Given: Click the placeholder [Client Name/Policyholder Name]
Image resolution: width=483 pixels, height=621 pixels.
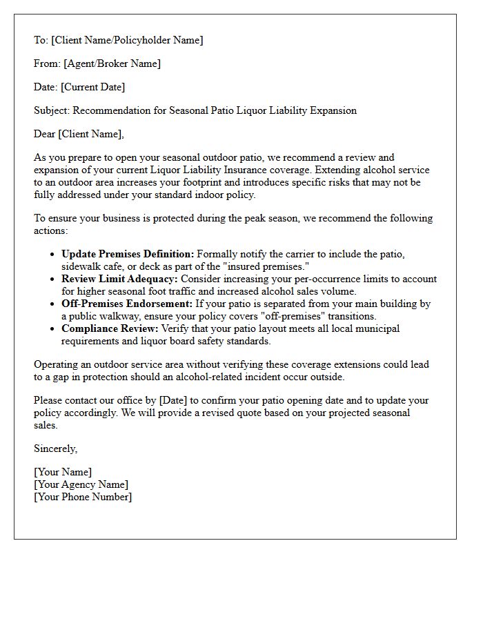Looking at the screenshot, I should pos(127,40).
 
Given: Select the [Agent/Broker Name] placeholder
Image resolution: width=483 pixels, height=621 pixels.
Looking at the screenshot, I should pos(112,63).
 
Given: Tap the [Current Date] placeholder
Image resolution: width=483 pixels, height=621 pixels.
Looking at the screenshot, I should pos(92,87).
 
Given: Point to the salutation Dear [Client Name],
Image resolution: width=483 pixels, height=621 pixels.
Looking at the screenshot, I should pos(79,134).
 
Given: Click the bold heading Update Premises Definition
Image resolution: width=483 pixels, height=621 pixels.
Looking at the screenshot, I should pos(128,255).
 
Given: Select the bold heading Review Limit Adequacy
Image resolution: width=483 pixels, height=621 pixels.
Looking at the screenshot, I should pos(119,279).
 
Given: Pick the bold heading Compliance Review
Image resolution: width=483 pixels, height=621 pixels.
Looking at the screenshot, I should pos(110,329).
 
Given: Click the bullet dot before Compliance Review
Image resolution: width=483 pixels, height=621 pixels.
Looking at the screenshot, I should pos(53,329).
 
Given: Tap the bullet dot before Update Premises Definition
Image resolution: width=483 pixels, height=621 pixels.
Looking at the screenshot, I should pos(53,255).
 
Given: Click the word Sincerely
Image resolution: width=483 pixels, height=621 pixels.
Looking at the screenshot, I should pos(55,448).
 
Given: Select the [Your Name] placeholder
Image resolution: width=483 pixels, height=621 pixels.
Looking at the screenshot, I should pos(62,472).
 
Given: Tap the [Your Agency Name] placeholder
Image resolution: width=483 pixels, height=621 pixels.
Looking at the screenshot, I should pos(81,484).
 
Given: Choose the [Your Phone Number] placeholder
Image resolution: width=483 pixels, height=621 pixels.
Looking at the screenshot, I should pos(83,497).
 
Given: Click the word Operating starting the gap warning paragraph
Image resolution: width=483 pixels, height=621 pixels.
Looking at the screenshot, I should pos(56,364).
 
